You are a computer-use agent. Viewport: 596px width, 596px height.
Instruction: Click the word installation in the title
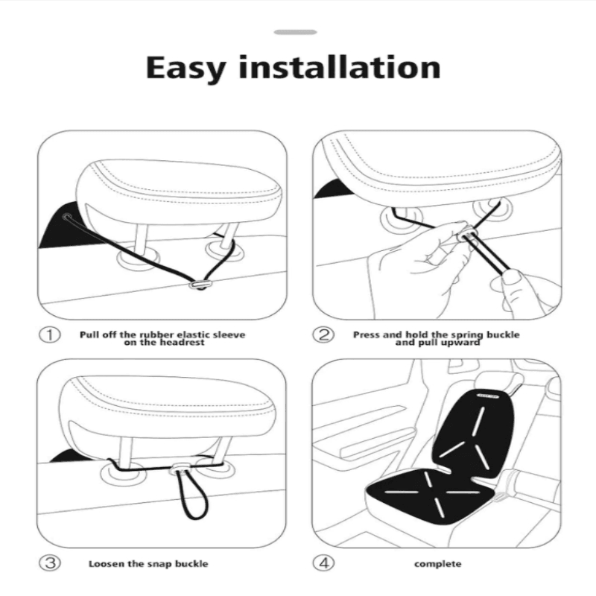pyautogui.click(x=346, y=67)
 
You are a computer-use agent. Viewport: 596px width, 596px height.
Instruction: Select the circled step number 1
pyautogui.click(x=49, y=335)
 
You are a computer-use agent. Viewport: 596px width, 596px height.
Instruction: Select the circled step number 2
pyautogui.click(x=323, y=335)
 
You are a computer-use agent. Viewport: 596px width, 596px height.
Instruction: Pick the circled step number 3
pyautogui.click(x=49, y=563)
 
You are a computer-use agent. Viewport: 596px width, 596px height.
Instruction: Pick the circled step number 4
pyautogui.click(x=323, y=563)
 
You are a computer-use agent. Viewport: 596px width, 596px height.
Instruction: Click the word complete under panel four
pyautogui.click(x=437, y=564)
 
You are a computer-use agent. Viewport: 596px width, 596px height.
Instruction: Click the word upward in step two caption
pyautogui.click(x=462, y=343)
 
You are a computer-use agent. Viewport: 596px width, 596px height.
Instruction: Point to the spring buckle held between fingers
pyautogui.click(x=467, y=236)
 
